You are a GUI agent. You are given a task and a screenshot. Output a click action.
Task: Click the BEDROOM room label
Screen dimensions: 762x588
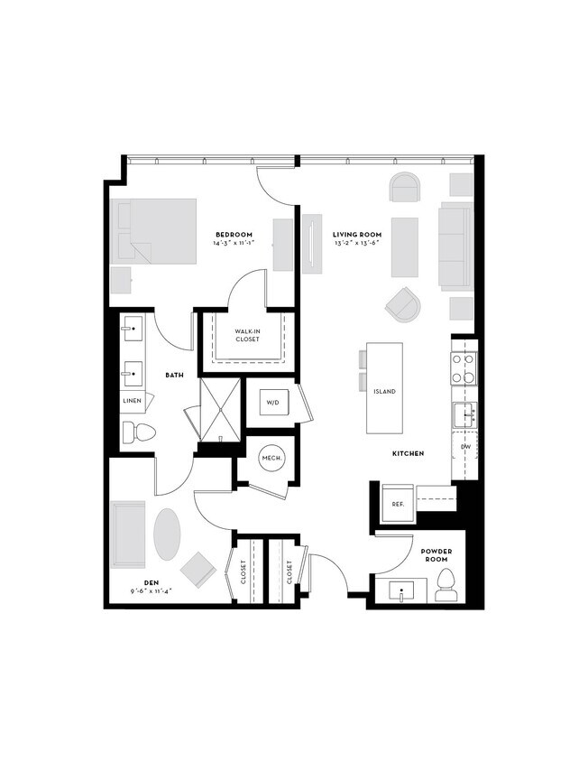click(x=233, y=234)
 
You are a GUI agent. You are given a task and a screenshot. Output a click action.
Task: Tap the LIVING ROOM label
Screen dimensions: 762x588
click(x=358, y=234)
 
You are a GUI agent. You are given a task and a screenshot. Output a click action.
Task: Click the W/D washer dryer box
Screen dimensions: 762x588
click(x=274, y=403)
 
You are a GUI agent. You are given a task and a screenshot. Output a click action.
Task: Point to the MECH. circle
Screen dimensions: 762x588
click(x=272, y=459)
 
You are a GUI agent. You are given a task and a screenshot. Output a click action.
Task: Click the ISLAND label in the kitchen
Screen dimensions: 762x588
click(x=384, y=392)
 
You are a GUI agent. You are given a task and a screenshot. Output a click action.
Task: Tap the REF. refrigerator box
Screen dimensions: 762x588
click(x=397, y=504)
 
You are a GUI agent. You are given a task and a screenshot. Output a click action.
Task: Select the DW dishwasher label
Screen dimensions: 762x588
click(x=465, y=447)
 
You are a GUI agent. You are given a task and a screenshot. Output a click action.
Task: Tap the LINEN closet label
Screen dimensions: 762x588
click(x=133, y=401)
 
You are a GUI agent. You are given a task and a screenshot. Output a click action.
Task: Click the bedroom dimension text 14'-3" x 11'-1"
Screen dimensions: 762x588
click(x=233, y=244)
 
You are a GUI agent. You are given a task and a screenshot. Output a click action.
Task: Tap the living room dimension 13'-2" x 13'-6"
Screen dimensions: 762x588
click(x=358, y=244)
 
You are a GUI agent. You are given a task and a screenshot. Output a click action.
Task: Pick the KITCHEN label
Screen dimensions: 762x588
click(x=409, y=452)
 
